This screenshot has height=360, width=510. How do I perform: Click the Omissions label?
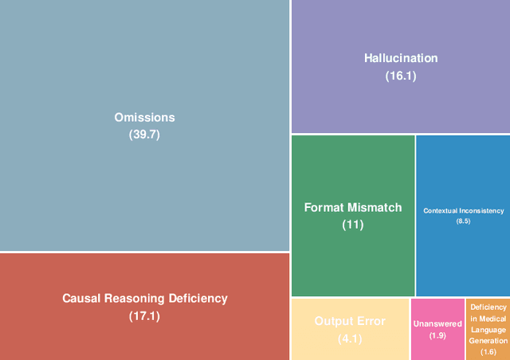tap(144, 118)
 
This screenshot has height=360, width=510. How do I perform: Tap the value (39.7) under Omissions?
tap(144, 135)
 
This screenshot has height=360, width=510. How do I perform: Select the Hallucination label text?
tap(401, 58)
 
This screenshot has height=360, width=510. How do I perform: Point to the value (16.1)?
tap(401, 76)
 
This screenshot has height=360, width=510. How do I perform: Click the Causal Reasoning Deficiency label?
tap(144, 299)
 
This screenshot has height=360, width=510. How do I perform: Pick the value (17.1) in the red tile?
tap(144, 317)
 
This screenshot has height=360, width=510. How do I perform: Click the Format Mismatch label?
tap(353, 207)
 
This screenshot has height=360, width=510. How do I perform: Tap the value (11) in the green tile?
tap(353, 225)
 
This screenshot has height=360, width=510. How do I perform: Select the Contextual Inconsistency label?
tap(463, 211)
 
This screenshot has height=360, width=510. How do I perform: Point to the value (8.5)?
tap(463, 221)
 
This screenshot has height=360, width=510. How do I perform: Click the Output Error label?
tap(350, 321)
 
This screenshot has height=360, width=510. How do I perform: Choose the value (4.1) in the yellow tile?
tap(350, 338)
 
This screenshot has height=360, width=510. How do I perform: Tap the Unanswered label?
tap(437, 324)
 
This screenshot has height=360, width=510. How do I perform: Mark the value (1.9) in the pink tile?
tap(437, 335)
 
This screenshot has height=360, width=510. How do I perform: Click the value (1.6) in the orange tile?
tap(488, 351)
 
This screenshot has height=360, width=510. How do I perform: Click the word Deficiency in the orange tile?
tap(488, 307)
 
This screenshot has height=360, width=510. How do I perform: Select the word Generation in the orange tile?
tap(488, 340)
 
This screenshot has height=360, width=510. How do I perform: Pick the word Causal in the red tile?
tap(82, 299)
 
